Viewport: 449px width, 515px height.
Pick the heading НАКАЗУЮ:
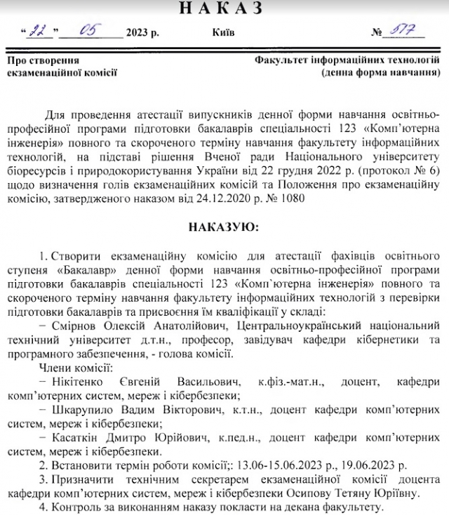point(224,227)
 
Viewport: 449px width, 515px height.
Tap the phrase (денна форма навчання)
point(381,72)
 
